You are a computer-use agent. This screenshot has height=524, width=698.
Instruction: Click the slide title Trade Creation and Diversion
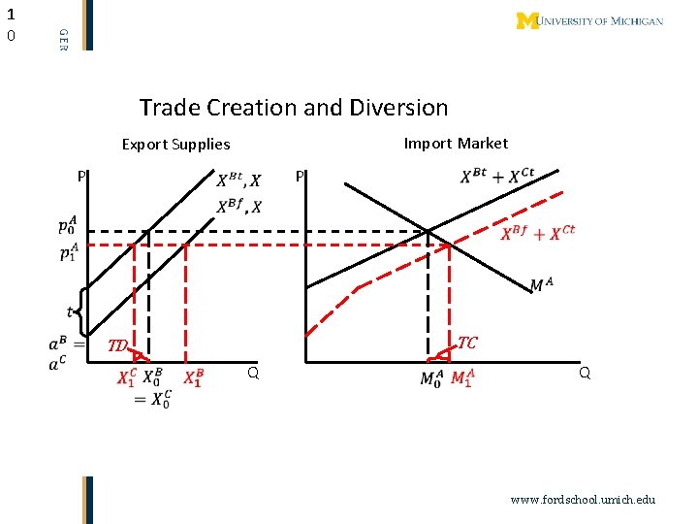click(294, 108)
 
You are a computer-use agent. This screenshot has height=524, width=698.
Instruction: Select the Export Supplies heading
click(175, 145)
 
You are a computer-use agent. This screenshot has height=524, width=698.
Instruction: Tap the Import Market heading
click(455, 144)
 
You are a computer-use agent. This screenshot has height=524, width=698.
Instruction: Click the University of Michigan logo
click(589, 20)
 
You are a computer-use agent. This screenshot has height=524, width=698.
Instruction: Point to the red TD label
click(117, 345)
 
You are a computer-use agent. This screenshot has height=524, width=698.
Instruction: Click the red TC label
click(467, 343)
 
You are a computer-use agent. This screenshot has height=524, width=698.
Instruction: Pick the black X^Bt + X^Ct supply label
click(496, 176)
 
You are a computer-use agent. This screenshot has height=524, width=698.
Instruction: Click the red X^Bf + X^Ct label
click(538, 233)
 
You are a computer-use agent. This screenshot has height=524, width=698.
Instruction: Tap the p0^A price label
click(67, 228)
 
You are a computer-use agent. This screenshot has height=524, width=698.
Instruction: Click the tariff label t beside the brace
click(70, 311)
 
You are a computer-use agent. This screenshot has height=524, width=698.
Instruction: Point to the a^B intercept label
click(58, 344)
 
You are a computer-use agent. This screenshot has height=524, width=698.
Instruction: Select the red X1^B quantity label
click(193, 378)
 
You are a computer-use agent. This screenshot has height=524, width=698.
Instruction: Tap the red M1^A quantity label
click(462, 378)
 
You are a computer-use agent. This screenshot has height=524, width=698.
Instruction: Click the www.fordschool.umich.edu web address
click(584, 499)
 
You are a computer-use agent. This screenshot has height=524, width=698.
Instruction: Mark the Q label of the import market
click(584, 372)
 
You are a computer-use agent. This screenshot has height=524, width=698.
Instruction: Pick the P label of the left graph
click(83, 177)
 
